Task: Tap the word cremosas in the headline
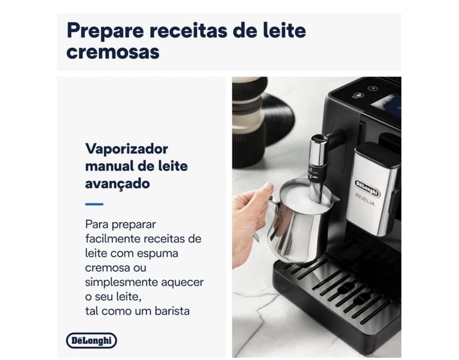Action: (113, 52)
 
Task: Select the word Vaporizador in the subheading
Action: (127, 149)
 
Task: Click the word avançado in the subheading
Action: (117, 183)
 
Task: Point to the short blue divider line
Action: (94, 204)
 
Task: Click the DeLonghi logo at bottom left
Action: (92, 340)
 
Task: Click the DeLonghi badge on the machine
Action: (367, 188)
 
